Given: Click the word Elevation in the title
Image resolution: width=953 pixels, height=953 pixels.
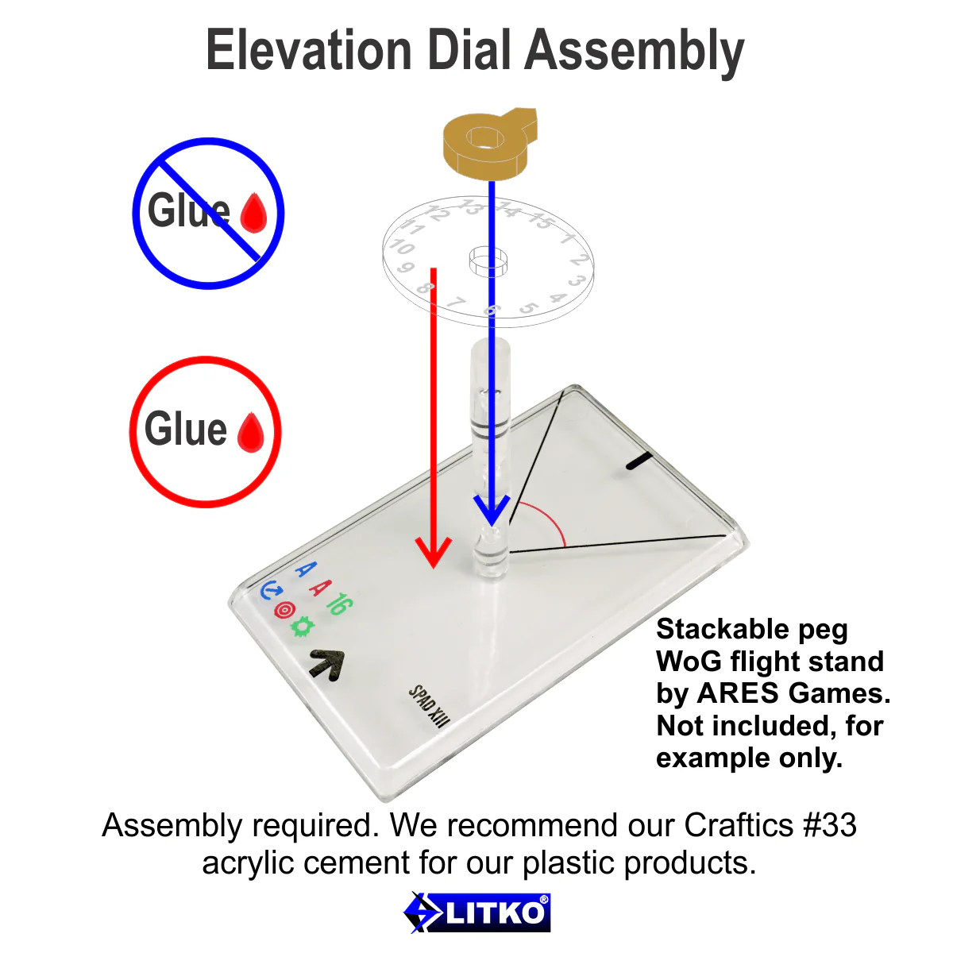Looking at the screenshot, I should click(308, 51).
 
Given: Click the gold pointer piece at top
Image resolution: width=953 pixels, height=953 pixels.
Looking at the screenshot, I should click(488, 143).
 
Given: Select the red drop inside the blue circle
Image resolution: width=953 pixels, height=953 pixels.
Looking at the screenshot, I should click(253, 212).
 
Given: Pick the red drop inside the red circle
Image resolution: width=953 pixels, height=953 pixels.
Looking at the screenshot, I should click(250, 432).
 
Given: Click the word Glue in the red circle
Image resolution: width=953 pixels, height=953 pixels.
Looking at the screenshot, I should click(186, 430).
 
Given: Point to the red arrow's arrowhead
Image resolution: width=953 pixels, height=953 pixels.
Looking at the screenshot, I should click(433, 551).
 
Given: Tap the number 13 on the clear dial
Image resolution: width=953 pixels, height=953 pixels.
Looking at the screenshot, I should click(470, 208).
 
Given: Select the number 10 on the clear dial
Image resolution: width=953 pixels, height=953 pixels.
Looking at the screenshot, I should click(402, 247).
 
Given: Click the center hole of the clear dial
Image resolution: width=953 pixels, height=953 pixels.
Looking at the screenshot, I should click(488, 259).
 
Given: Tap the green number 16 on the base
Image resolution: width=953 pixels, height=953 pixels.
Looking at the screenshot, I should click(337, 604).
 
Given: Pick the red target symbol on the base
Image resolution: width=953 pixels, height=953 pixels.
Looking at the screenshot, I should click(284, 609).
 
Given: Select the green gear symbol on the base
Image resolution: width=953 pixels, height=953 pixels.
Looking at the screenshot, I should click(302, 627).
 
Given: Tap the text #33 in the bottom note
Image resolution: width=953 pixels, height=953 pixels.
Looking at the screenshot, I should click(830, 825).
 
